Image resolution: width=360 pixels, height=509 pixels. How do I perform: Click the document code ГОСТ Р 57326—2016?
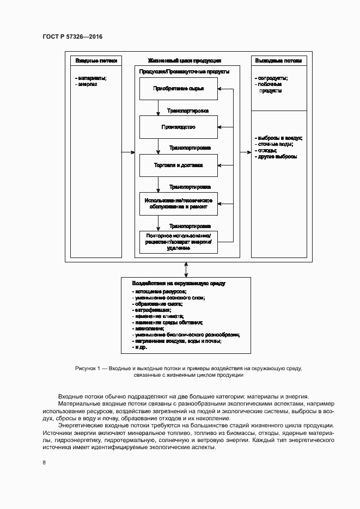point(72,36)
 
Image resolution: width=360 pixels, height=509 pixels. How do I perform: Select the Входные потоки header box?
point(96,60)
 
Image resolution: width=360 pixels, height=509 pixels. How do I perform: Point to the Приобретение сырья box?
point(178,89)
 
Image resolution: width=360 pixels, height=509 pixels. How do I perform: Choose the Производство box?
point(178,127)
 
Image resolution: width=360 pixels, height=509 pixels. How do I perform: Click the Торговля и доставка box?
point(178,165)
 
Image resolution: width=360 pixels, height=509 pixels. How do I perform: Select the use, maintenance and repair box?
point(178,204)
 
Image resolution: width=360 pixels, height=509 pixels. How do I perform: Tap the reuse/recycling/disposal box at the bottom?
point(178,242)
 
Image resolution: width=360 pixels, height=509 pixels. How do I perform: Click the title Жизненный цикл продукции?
point(184,60)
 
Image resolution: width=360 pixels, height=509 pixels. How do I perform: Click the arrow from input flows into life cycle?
point(128,152)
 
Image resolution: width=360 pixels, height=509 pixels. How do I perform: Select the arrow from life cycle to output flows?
point(245,152)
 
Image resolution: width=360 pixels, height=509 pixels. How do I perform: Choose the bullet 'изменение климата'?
point(158,316)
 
